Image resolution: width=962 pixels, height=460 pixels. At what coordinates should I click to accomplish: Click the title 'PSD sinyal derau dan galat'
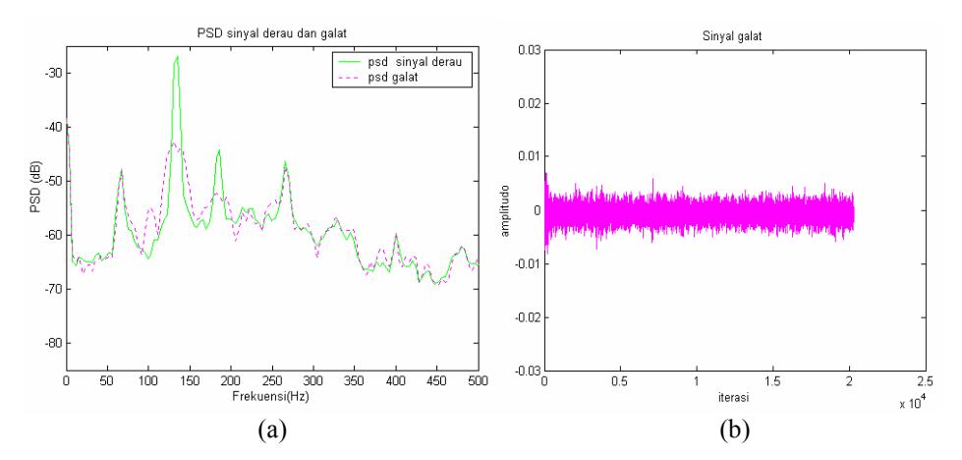coord(272,35)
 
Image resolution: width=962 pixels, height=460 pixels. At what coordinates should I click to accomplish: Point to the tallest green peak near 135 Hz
coord(177,56)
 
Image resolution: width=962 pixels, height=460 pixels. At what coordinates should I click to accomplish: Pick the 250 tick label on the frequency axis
coord(272,379)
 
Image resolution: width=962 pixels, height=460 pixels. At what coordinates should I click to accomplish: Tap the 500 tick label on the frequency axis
coord(479,379)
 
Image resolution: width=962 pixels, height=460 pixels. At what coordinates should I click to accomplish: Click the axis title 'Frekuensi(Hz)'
coord(271,396)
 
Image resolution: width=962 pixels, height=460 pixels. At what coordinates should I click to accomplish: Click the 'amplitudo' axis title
coord(506,209)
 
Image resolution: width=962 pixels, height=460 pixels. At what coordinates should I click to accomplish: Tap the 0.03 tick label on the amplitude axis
coord(530,50)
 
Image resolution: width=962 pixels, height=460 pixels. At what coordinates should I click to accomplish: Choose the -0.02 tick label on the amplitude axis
coord(528,317)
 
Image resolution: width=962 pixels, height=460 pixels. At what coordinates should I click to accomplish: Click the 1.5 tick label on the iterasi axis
coord(848,379)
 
